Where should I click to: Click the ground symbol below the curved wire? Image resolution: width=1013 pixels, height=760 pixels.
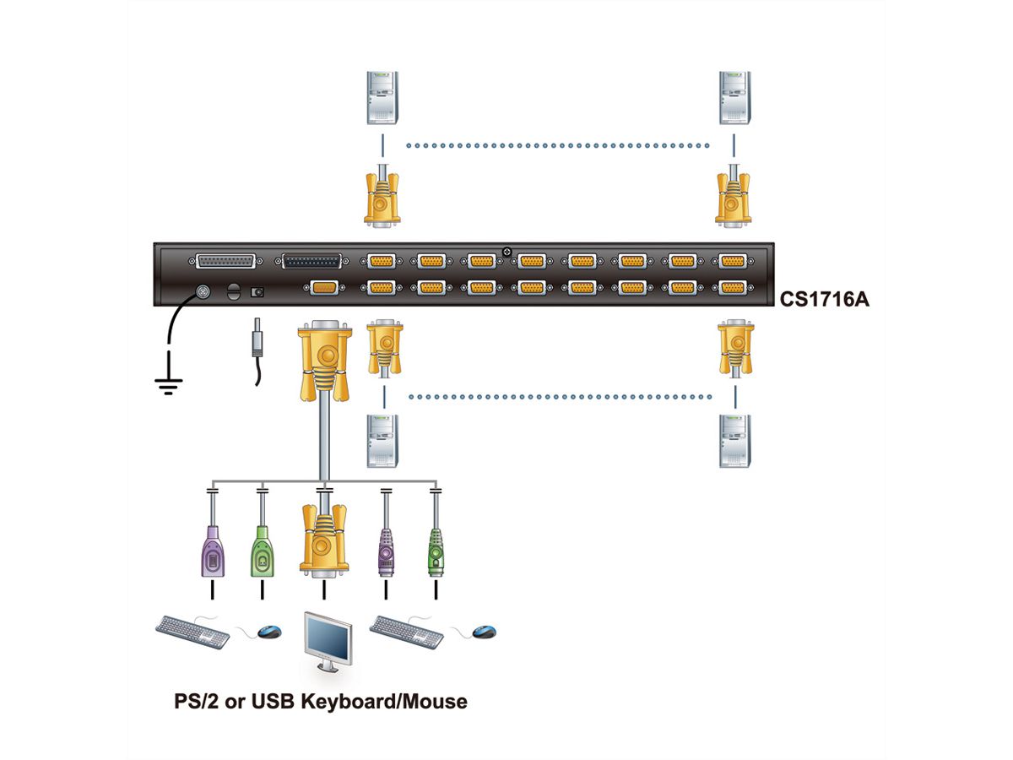tap(169, 388)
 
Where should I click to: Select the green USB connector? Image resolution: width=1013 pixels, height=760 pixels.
tap(263, 553)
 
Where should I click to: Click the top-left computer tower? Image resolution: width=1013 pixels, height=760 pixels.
tap(381, 98)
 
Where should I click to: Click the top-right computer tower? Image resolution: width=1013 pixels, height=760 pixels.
tap(734, 98)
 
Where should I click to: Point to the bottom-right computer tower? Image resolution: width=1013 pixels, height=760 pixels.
tap(734, 440)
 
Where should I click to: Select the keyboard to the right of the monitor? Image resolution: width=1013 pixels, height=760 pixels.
tap(406, 630)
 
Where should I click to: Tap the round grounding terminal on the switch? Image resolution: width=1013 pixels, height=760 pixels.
tap(203, 290)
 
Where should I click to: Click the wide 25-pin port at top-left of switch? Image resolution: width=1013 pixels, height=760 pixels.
tap(225, 262)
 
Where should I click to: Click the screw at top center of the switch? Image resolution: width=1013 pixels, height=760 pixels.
tap(506, 251)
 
